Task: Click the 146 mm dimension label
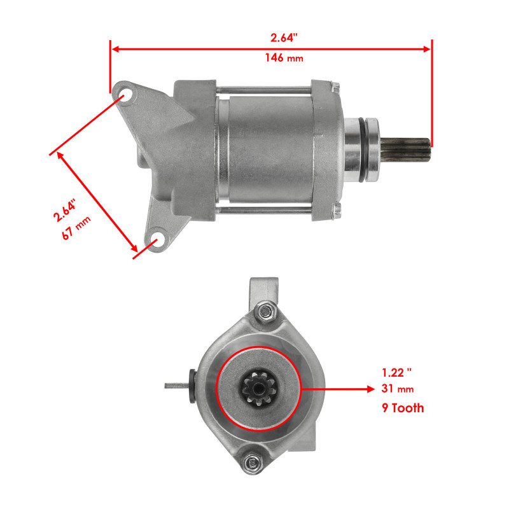click(x=284, y=58)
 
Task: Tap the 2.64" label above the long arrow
click(x=284, y=38)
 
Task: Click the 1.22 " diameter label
click(x=398, y=372)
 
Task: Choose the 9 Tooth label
click(x=403, y=408)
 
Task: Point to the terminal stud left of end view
click(x=177, y=385)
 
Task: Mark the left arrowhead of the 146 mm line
click(x=115, y=48)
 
